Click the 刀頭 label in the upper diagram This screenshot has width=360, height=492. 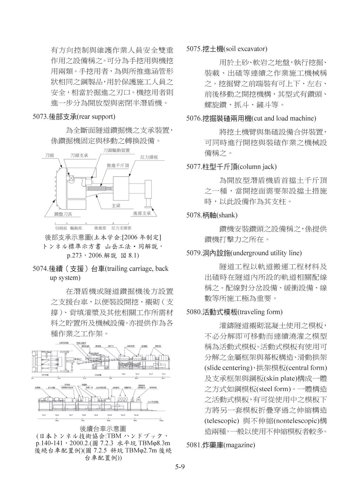(x=49, y=155)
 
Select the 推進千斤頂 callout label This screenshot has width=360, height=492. (x=118, y=165)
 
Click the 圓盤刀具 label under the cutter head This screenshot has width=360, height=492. (x=58, y=214)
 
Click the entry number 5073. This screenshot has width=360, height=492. (x=40, y=116)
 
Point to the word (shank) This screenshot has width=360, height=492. (x=227, y=215)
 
